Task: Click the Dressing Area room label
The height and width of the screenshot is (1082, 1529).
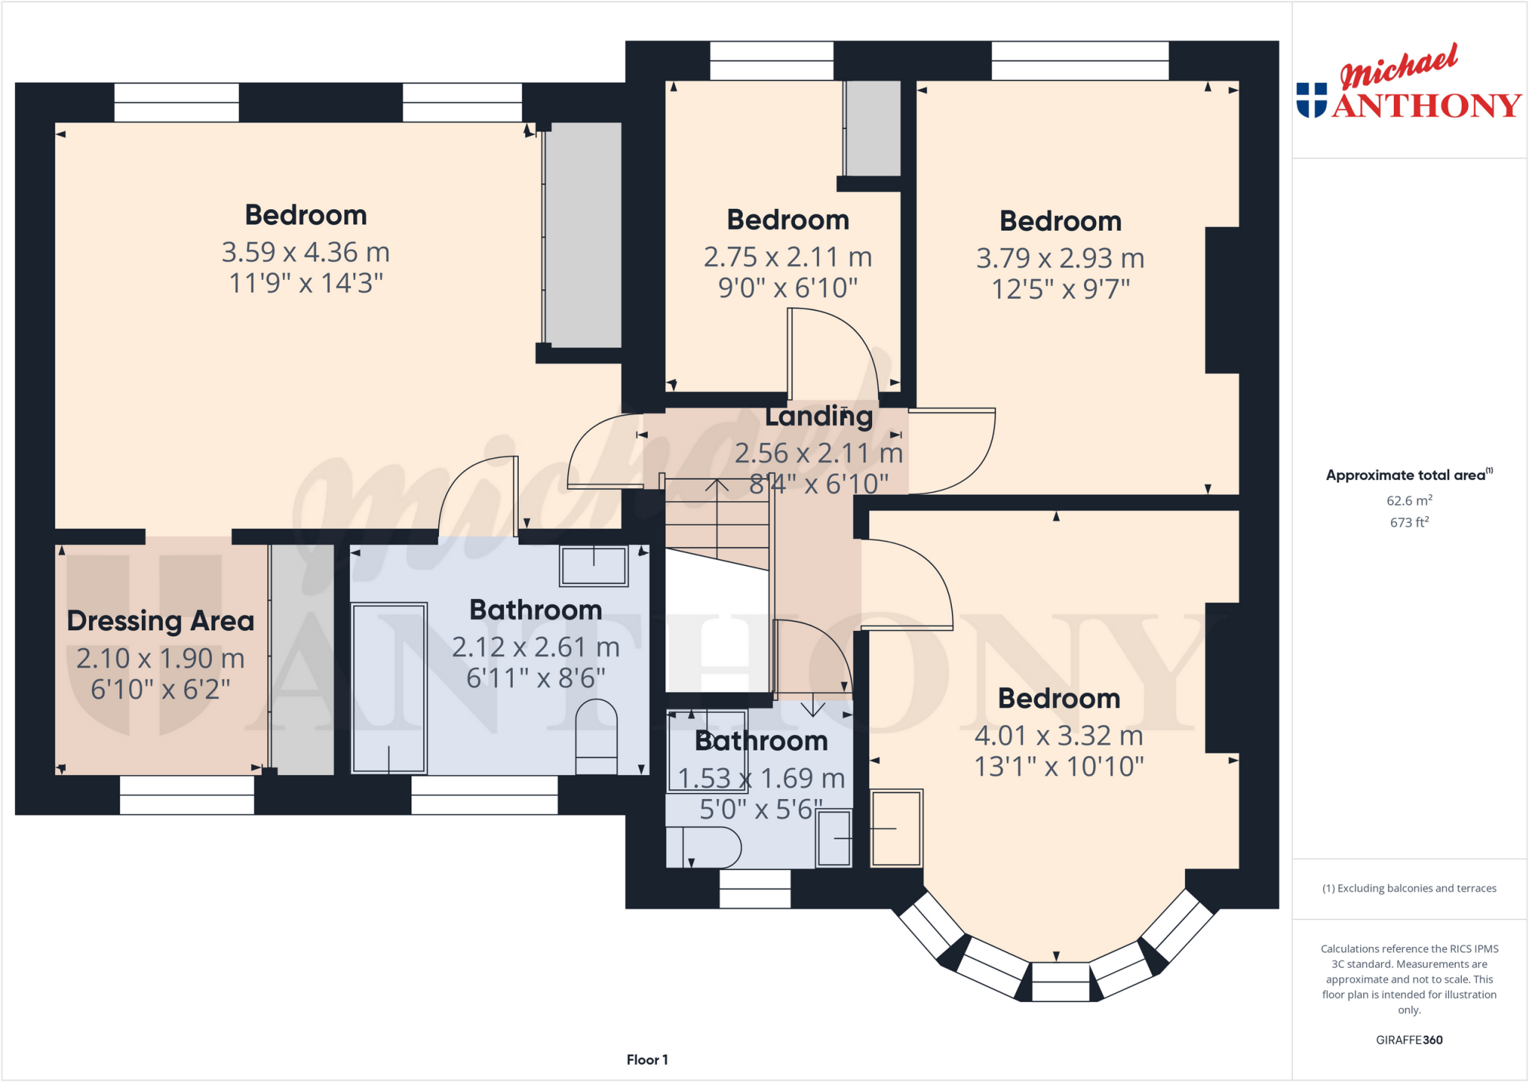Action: pyautogui.click(x=161, y=621)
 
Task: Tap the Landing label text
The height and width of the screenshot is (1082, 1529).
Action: pyautogui.click(x=818, y=417)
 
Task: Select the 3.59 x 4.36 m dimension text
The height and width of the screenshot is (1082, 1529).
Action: pyautogui.click(x=305, y=252)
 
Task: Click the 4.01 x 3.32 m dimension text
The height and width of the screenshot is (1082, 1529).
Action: pyautogui.click(x=1059, y=736)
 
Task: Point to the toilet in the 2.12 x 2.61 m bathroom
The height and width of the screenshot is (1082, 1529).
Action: pyautogui.click(x=597, y=737)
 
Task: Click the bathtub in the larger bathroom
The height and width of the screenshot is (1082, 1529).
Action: pyautogui.click(x=389, y=688)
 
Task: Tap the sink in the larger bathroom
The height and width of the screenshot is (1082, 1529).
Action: pyautogui.click(x=594, y=566)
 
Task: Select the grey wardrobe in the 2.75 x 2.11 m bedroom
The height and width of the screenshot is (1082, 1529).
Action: pyautogui.click(x=873, y=128)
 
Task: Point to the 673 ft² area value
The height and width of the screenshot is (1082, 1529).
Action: pyautogui.click(x=1409, y=523)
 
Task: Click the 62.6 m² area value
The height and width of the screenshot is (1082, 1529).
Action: pyautogui.click(x=1409, y=501)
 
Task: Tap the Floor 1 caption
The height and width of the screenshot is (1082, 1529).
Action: pyautogui.click(x=647, y=1060)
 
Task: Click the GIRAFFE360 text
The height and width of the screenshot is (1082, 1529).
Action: pyautogui.click(x=1409, y=1040)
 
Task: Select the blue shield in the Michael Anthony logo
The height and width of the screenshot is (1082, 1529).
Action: pyautogui.click(x=1312, y=100)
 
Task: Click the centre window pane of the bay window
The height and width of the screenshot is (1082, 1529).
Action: pyautogui.click(x=1060, y=982)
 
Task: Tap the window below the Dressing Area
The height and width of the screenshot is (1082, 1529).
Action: pyautogui.click(x=187, y=795)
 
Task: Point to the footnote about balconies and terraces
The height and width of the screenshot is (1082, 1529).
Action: pyautogui.click(x=1409, y=889)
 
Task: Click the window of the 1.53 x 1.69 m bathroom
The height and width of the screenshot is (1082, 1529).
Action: pyautogui.click(x=755, y=889)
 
